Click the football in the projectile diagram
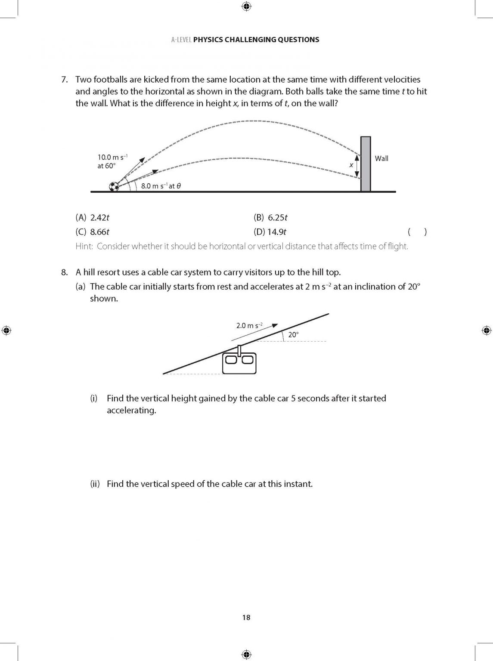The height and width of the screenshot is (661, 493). (x=114, y=187)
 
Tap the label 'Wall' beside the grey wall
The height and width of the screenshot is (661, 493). (x=381, y=158)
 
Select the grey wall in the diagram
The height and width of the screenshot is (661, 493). (x=365, y=164)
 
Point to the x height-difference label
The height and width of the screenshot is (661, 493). (x=351, y=165)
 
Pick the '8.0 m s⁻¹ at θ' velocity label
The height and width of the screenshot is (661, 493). (x=161, y=186)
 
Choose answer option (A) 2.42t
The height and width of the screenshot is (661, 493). (x=92, y=218)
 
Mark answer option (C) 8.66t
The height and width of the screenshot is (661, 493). (x=92, y=232)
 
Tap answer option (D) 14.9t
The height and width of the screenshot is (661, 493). (x=270, y=232)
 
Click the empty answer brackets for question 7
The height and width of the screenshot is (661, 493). (x=417, y=232)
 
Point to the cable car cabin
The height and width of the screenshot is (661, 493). (x=239, y=363)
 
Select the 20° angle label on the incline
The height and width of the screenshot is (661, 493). (x=293, y=335)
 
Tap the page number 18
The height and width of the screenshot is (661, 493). (x=246, y=618)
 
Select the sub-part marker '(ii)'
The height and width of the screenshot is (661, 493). (x=95, y=484)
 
